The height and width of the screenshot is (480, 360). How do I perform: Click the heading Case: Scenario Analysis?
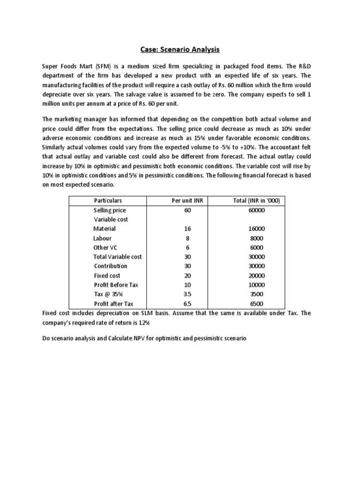(x=180, y=49)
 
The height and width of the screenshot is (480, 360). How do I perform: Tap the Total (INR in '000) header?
(x=256, y=201)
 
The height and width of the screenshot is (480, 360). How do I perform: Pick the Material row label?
(x=105, y=229)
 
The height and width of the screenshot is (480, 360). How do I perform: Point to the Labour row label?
(x=103, y=238)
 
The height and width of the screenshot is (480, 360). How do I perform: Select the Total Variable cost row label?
(x=118, y=257)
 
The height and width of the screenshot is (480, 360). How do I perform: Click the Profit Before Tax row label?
(x=116, y=285)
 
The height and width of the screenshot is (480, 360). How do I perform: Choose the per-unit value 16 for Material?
(x=187, y=229)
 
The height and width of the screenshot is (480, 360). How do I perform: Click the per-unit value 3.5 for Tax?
(x=187, y=294)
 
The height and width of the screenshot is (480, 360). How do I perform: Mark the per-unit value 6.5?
(x=187, y=304)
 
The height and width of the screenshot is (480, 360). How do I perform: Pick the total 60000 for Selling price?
(x=256, y=210)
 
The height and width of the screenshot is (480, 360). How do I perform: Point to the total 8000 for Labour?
(x=256, y=238)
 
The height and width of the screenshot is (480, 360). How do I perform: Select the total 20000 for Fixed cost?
(x=256, y=276)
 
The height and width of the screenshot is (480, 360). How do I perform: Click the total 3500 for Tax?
(x=256, y=294)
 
